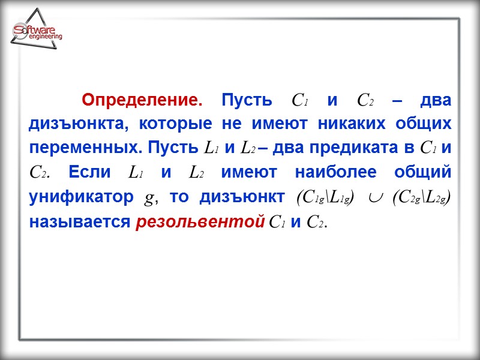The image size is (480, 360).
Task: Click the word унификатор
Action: [x=80, y=197]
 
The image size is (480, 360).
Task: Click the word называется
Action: [x=79, y=221]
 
